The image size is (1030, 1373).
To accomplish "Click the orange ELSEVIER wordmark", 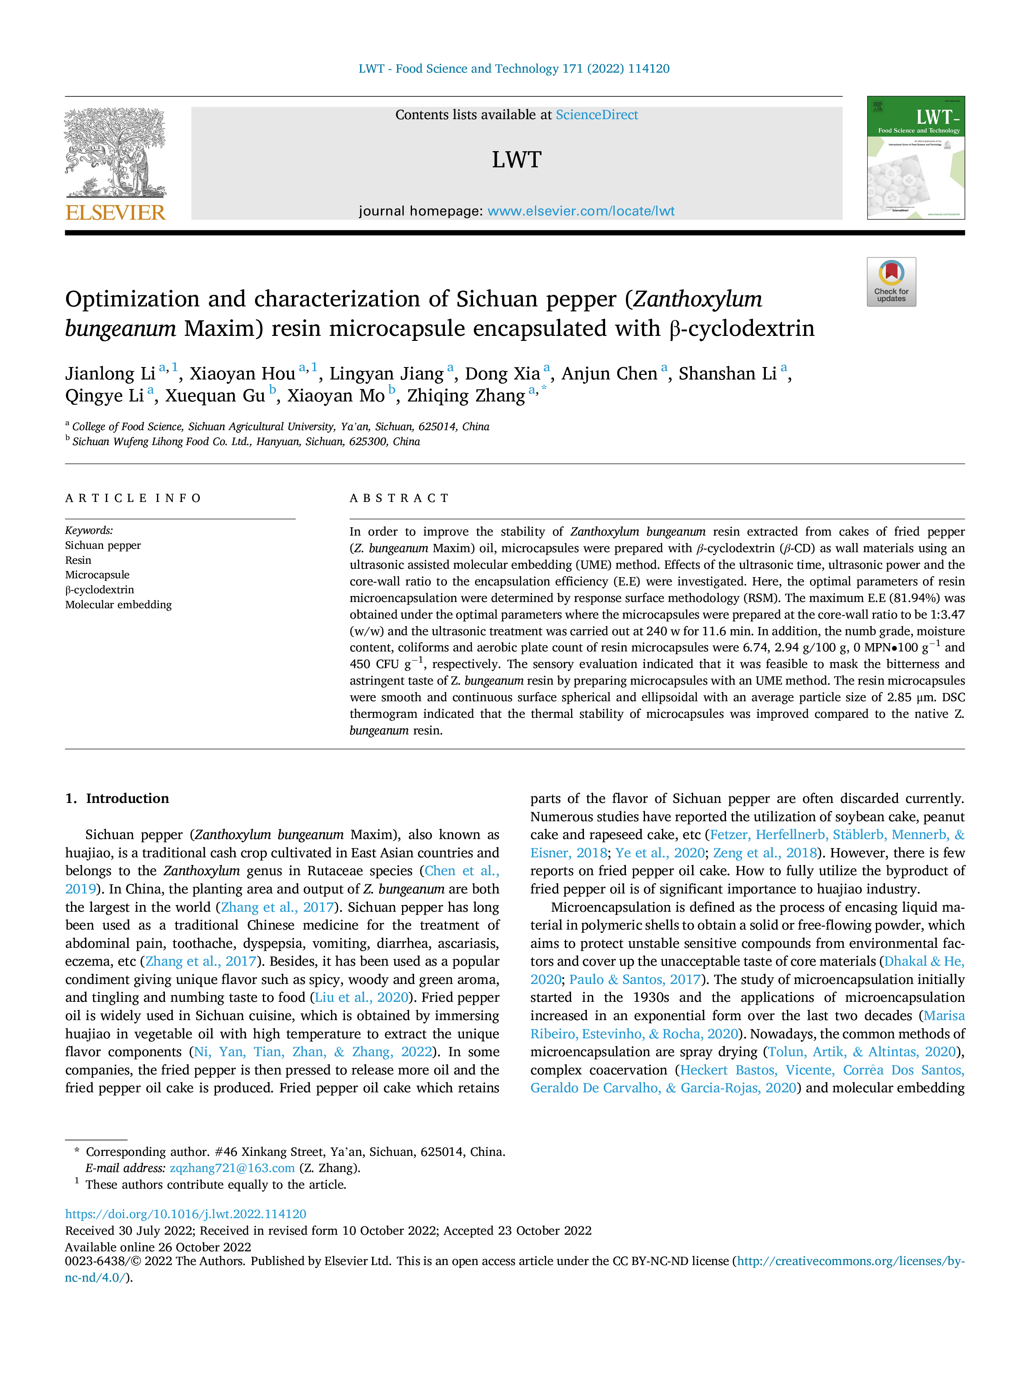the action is pos(115,212).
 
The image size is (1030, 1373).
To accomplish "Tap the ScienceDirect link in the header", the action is pos(597,115).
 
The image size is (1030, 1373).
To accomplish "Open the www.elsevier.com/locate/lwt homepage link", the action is pos(581,211).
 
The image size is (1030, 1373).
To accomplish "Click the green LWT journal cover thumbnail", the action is pos(916,158).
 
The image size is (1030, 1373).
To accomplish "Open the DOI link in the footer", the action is pos(186,1214).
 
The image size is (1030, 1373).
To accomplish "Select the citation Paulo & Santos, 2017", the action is pos(635,979).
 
